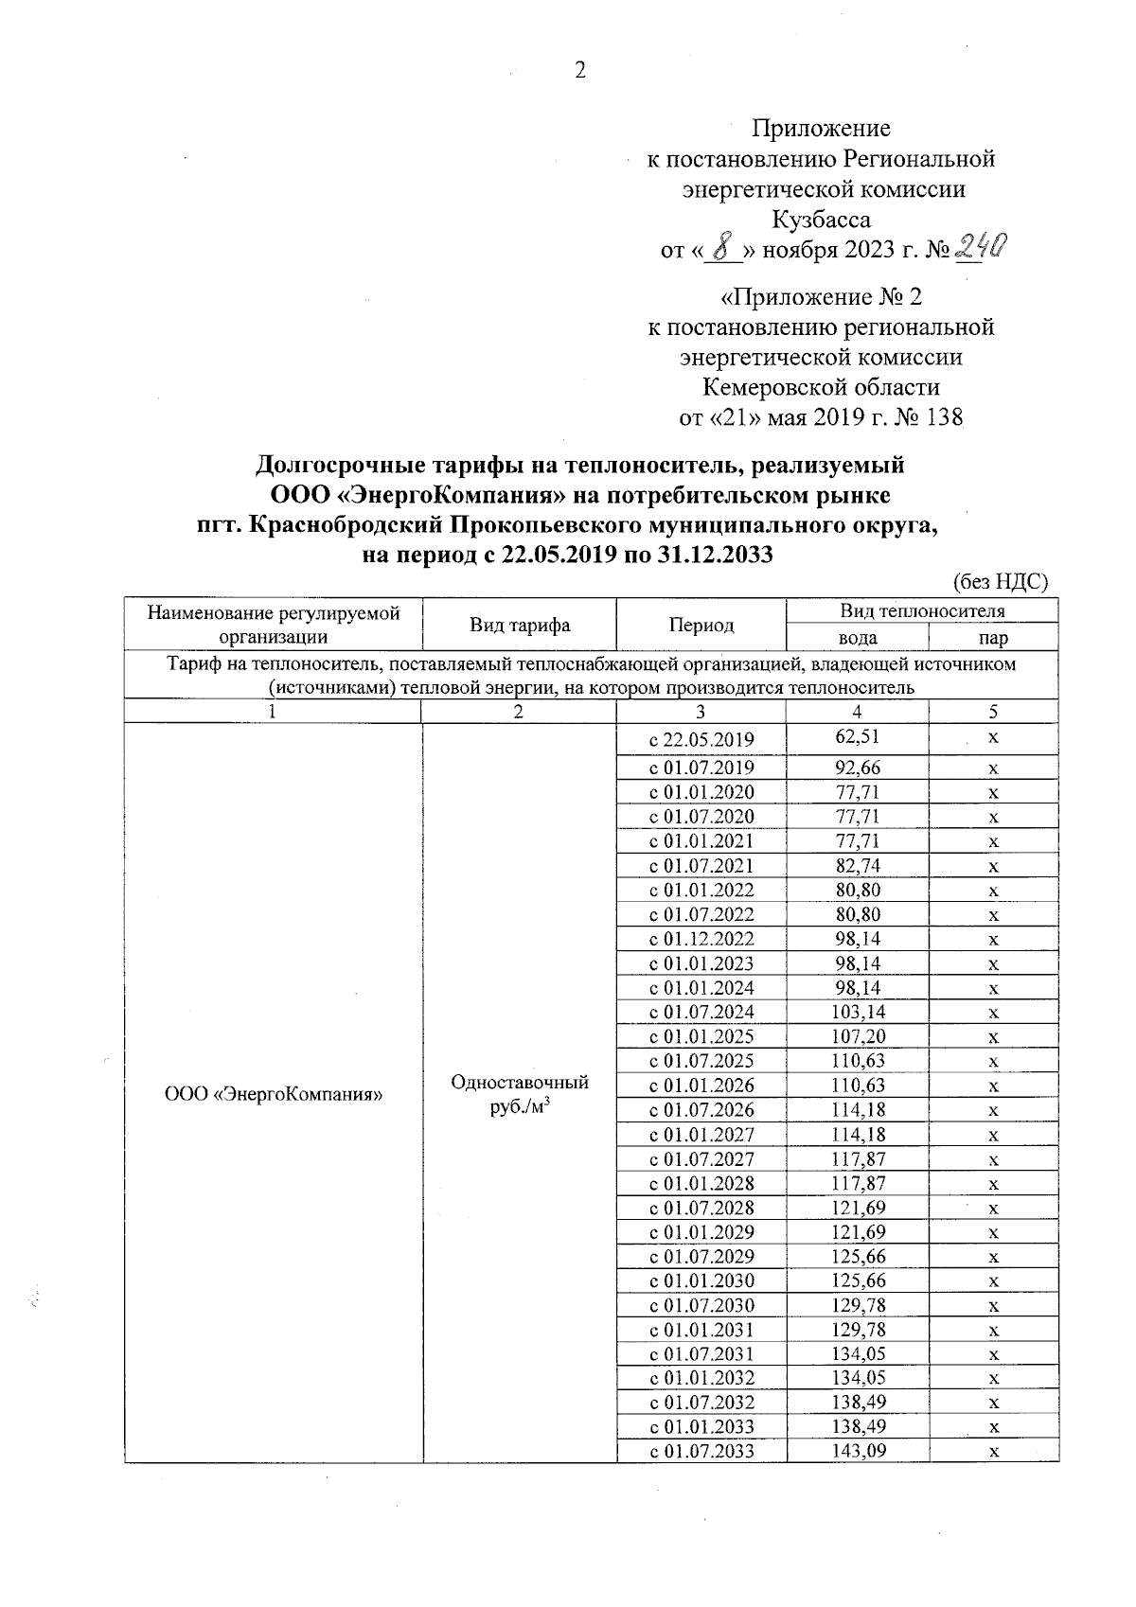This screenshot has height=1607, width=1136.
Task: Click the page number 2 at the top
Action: click(x=580, y=70)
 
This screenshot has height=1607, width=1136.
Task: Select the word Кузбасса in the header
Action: click(x=821, y=220)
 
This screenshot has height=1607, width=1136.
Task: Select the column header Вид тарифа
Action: click(x=520, y=625)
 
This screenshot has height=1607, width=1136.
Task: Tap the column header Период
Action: click(x=701, y=625)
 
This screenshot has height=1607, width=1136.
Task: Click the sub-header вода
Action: click(x=857, y=637)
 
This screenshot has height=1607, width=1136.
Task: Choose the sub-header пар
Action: click(x=993, y=637)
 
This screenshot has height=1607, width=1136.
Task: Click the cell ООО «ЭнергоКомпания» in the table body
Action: click(x=274, y=1094)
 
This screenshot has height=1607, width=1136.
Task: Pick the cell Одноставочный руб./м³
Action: click(x=520, y=1094)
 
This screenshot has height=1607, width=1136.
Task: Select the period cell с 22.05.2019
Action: click(x=701, y=739)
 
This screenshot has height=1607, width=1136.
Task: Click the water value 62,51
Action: click(x=857, y=737)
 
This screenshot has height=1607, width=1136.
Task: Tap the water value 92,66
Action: click(x=857, y=768)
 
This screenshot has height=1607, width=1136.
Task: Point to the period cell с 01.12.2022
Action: click(x=701, y=939)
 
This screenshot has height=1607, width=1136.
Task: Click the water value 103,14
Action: click(x=857, y=1012)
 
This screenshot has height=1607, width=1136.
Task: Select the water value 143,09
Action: click(x=857, y=1450)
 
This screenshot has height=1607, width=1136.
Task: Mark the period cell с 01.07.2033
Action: click(x=701, y=1451)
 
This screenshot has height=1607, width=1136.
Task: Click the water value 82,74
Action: click(x=857, y=865)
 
